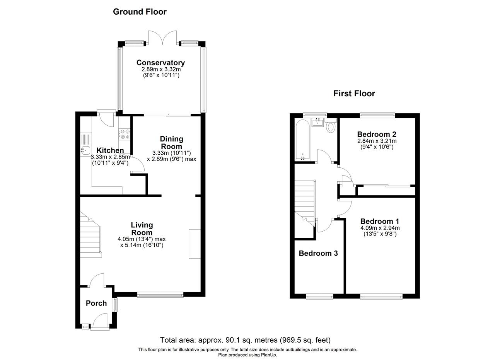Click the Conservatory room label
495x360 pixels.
[160, 63]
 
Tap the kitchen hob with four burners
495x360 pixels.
[125, 134]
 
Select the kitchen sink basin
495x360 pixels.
[86, 150]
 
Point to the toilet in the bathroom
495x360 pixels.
[331, 125]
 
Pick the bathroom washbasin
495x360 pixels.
[318, 122]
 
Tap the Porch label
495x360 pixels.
[96, 303]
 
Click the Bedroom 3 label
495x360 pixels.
[318, 253]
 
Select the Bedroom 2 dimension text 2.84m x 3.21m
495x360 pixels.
[377, 141]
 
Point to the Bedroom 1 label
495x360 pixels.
[380, 221]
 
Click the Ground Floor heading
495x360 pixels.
[140, 12]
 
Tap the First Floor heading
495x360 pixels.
[354, 94]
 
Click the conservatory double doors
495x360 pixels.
[162, 38]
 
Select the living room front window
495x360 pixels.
[160, 295]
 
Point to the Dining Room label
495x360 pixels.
[171, 143]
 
